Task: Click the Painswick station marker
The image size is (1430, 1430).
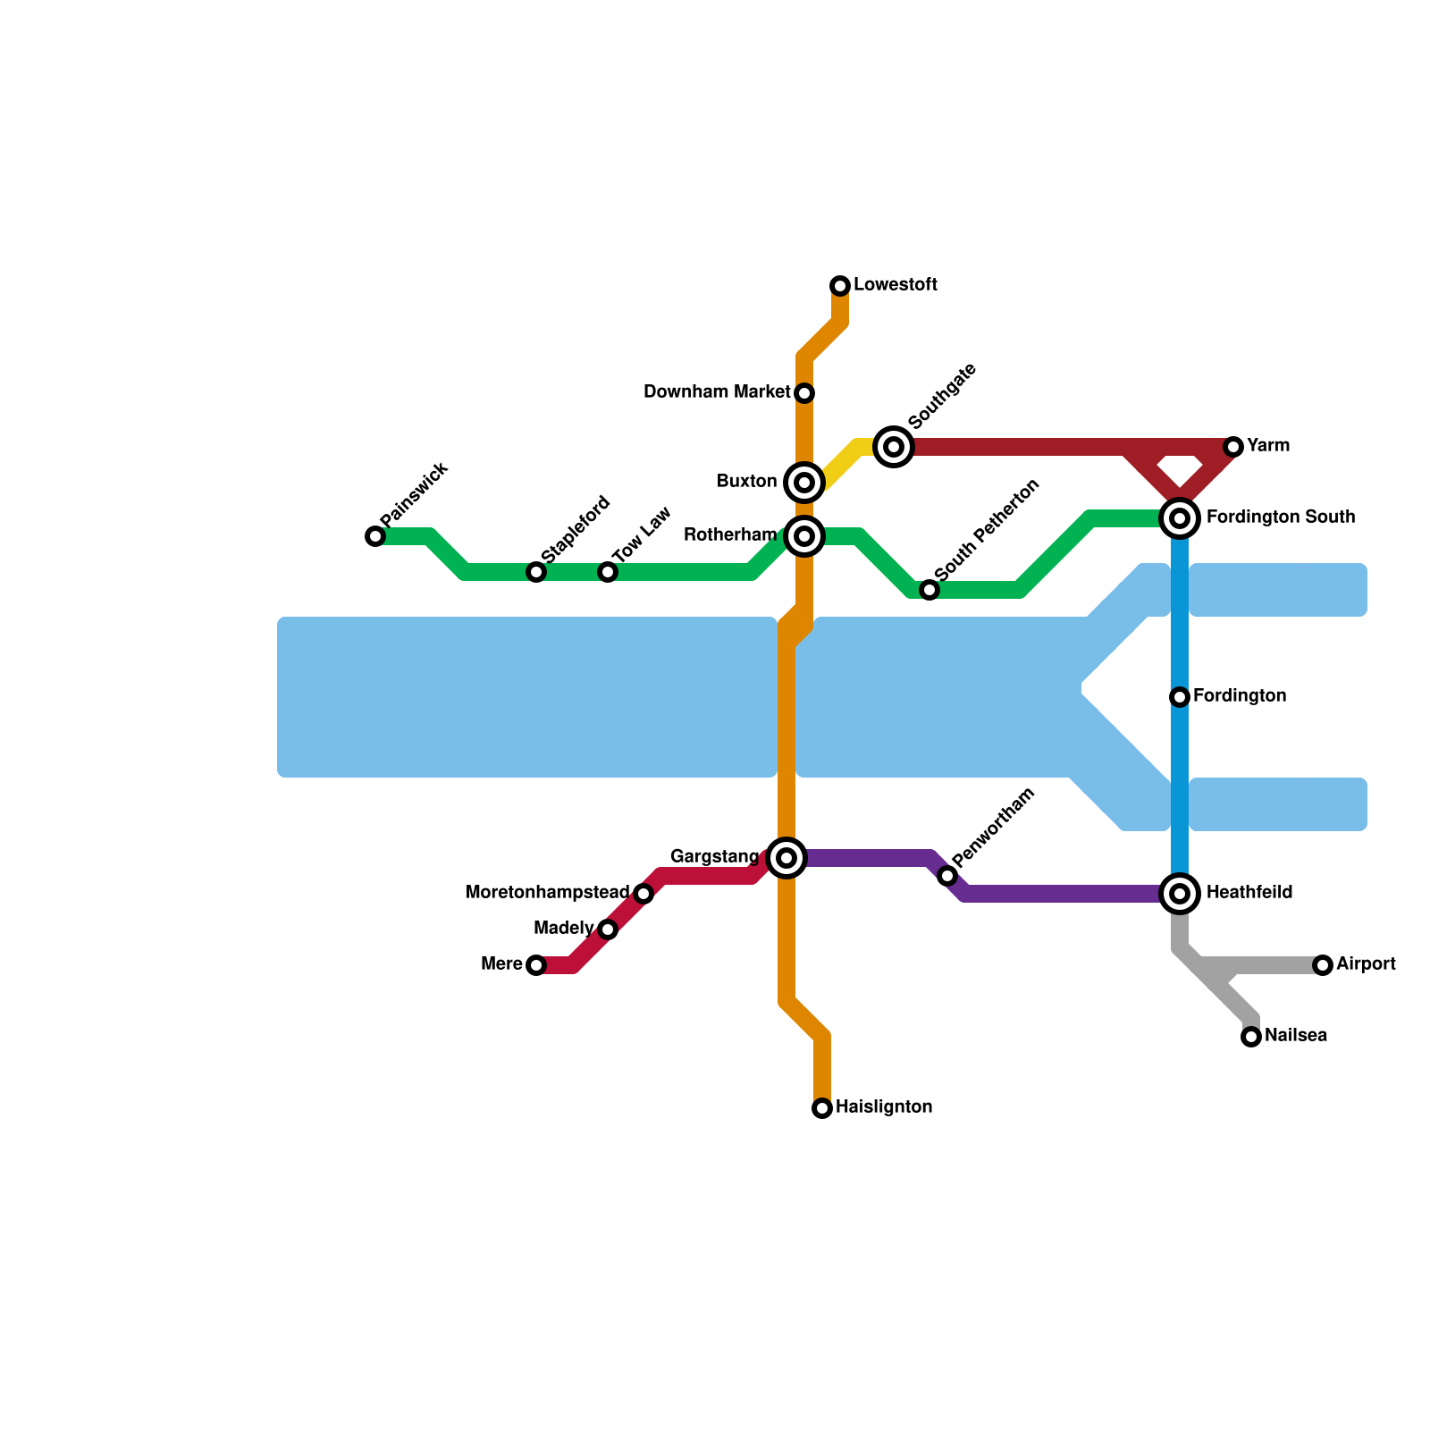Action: [375, 536]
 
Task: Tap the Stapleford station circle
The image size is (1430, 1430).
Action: [536, 572]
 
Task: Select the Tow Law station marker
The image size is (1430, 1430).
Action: [608, 572]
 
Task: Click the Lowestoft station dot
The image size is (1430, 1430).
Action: [840, 286]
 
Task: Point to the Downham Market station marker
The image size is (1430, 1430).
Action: [804, 393]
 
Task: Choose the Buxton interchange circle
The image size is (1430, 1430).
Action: [804, 483]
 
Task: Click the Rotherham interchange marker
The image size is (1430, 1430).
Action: [804, 536]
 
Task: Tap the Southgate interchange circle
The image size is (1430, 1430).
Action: [894, 447]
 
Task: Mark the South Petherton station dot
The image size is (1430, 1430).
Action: [929, 590]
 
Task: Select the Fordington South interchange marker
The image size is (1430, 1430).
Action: [1180, 518]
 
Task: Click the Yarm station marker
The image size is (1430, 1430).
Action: [1233, 447]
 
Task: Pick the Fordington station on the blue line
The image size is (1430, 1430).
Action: [1180, 697]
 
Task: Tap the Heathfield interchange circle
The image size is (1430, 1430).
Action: [1180, 894]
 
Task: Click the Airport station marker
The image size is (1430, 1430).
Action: [1323, 965]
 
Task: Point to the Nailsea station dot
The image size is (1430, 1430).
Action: [1251, 1037]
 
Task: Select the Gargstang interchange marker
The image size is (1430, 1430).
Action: [786, 858]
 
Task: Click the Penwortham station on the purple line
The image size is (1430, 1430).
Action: [947, 876]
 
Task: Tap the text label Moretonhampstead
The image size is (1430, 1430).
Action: [548, 893]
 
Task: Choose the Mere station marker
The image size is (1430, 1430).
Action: [536, 965]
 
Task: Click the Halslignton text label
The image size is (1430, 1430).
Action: [884, 1107]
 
